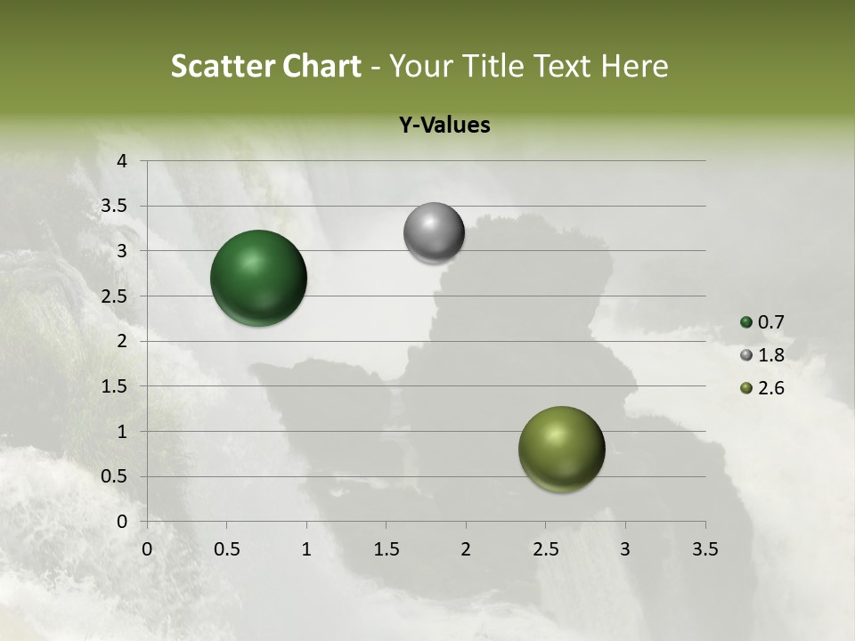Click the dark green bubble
(x=258, y=278)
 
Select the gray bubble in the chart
(x=434, y=233)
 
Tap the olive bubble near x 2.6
(x=561, y=449)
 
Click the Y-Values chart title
(x=444, y=126)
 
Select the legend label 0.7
(x=771, y=322)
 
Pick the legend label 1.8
(x=771, y=355)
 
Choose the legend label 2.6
(x=771, y=388)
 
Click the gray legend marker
(x=746, y=355)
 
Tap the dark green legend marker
(x=746, y=322)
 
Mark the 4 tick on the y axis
(x=122, y=161)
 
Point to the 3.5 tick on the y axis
(x=116, y=207)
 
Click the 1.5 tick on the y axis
(x=116, y=386)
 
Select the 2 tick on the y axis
(x=122, y=341)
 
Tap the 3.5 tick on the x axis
(x=705, y=549)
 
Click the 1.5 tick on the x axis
(x=387, y=549)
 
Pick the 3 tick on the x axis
(x=625, y=549)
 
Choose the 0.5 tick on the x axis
(x=227, y=549)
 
